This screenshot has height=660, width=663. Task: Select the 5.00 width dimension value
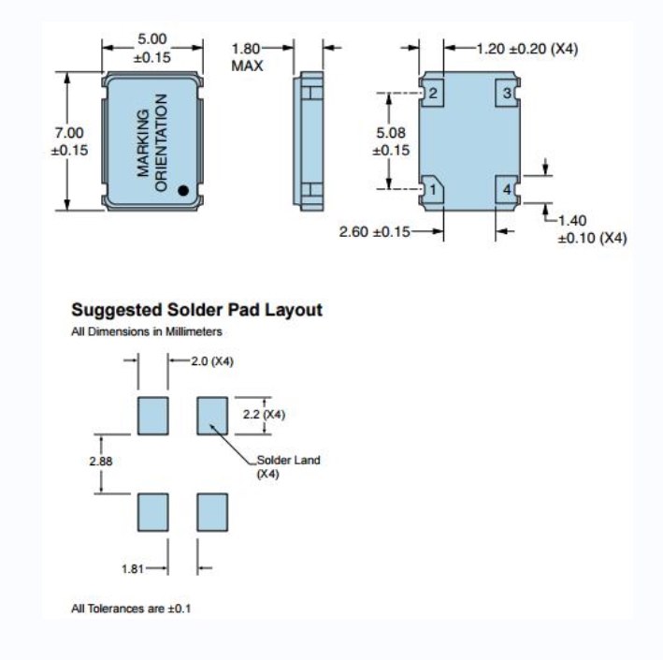[x=152, y=39]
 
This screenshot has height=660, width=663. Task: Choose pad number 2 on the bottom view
[x=434, y=94]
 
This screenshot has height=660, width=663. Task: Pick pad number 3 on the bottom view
[x=507, y=94]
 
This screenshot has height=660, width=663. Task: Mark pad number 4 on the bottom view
[x=507, y=190]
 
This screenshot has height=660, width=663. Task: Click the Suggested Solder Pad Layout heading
[x=197, y=310]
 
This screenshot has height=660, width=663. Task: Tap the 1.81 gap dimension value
[x=134, y=567]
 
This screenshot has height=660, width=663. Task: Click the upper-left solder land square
[x=152, y=415]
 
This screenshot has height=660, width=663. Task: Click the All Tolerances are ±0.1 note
[x=132, y=609]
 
